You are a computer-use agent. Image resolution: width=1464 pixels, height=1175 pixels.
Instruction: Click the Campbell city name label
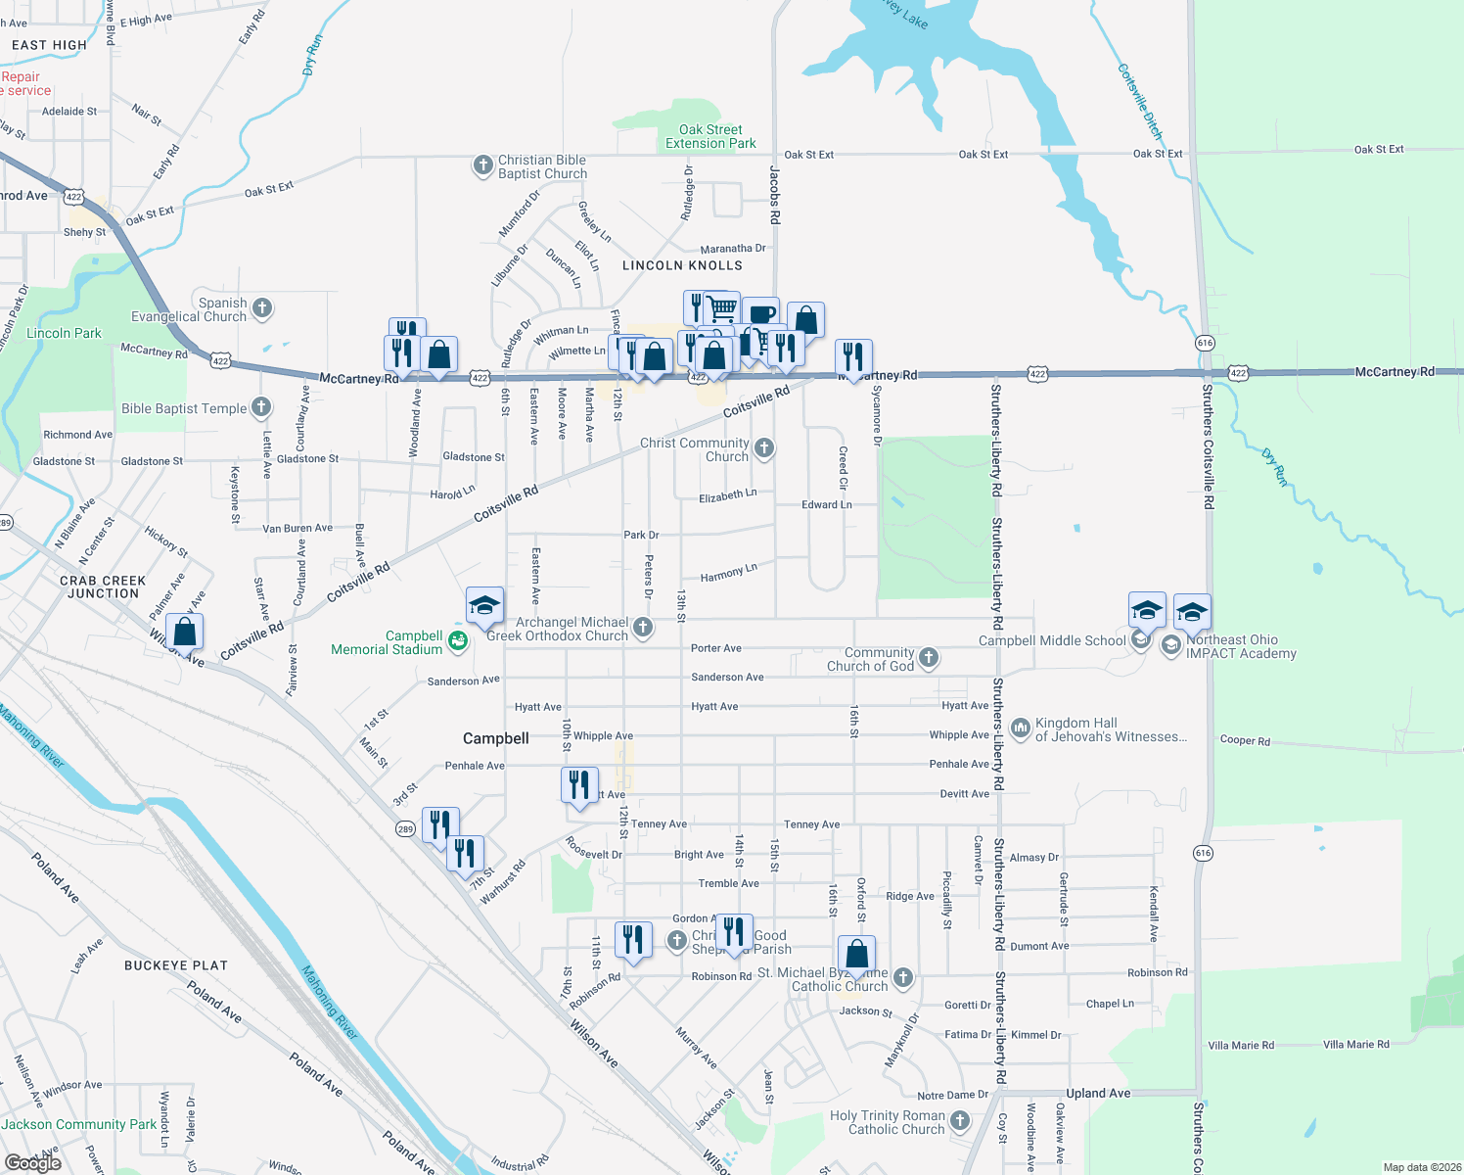tap(496, 738)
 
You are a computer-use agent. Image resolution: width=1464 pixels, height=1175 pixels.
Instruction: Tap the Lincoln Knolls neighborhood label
tap(682, 265)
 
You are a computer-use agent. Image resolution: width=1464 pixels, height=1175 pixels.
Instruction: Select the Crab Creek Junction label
tap(103, 587)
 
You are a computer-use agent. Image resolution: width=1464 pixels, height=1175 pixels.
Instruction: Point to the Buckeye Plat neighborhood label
tap(176, 965)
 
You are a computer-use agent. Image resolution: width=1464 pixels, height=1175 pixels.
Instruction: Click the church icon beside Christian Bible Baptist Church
tap(482, 165)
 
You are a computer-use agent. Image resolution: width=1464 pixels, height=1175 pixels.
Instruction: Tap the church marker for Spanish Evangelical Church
tap(262, 308)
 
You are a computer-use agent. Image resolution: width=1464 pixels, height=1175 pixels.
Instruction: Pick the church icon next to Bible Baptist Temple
tap(261, 407)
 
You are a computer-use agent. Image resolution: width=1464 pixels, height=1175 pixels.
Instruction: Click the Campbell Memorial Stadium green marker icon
tap(457, 641)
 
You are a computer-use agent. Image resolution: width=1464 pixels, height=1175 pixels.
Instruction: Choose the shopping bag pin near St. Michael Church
tap(856, 955)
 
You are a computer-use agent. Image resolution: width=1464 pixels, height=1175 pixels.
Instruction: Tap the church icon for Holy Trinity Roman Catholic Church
tap(960, 1120)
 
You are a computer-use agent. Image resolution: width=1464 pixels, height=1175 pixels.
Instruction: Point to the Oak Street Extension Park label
tap(710, 136)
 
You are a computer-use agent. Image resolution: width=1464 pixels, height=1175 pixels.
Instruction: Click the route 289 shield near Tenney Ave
tap(405, 829)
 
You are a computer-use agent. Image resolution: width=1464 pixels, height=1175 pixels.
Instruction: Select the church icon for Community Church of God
tap(929, 658)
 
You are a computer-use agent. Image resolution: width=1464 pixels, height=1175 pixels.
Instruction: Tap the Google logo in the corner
tap(32, 1163)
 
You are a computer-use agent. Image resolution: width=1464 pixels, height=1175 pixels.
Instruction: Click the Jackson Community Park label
tap(78, 1124)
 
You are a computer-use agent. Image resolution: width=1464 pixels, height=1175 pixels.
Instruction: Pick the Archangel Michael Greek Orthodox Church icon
tap(643, 628)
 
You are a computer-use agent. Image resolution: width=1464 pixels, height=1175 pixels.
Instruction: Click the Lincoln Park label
tap(64, 333)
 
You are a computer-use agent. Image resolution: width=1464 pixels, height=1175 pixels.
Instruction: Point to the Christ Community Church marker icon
tap(764, 448)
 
